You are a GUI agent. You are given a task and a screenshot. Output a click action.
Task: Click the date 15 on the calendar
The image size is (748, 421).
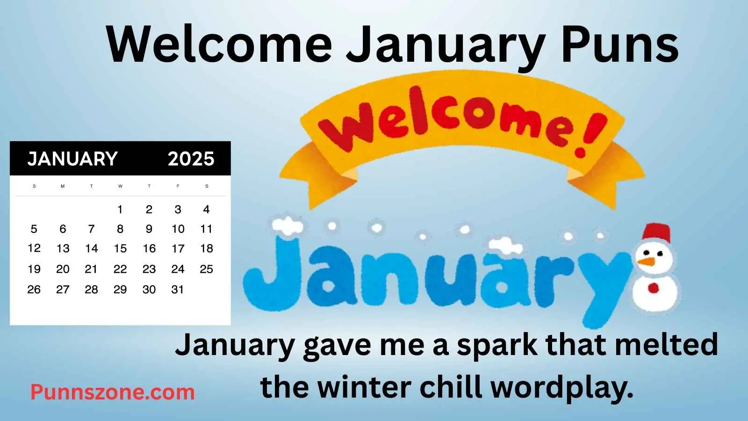click(x=120, y=248)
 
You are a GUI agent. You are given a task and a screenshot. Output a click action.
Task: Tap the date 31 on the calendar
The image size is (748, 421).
click(x=178, y=290)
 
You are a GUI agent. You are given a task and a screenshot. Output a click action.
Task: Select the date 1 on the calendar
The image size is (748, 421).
click(x=120, y=210)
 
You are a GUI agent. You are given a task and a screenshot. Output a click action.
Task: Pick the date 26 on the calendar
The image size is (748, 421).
click(x=34, y=290)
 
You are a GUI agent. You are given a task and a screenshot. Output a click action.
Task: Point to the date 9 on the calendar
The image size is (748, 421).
click(x=149, y=229)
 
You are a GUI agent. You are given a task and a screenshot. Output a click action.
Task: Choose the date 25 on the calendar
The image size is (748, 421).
click(x=206, y=269)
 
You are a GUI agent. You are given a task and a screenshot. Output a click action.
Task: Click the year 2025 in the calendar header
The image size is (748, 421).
click(x=191, y=159)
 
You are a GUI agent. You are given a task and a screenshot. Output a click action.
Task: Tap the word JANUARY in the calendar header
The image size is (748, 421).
click(x=72, y=159)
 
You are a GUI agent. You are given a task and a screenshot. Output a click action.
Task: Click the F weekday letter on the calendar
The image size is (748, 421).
click(x=178, y=186)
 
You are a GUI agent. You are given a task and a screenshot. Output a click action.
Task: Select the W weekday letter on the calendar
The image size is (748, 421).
click(x=120, y=186)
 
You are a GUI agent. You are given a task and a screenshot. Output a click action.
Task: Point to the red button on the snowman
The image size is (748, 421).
click(x=653, y=288)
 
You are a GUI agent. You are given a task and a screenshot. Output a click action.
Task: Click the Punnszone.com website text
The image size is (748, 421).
click(x=113, y=392)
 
